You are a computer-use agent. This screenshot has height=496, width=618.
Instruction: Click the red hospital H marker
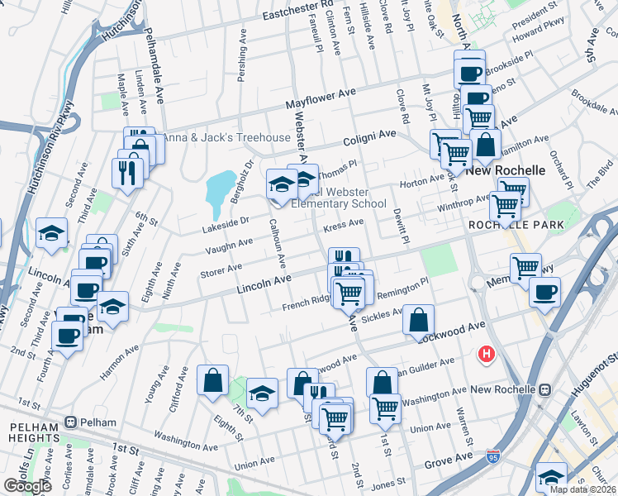tap(487, 355)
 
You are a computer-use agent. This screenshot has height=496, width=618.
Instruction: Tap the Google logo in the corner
tap(27, 486)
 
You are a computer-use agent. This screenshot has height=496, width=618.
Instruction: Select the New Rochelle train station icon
tap(544, 389)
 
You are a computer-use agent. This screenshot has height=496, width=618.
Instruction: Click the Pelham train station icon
tap(73, 422)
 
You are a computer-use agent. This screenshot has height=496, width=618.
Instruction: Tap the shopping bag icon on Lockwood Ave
tap(420, 319)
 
